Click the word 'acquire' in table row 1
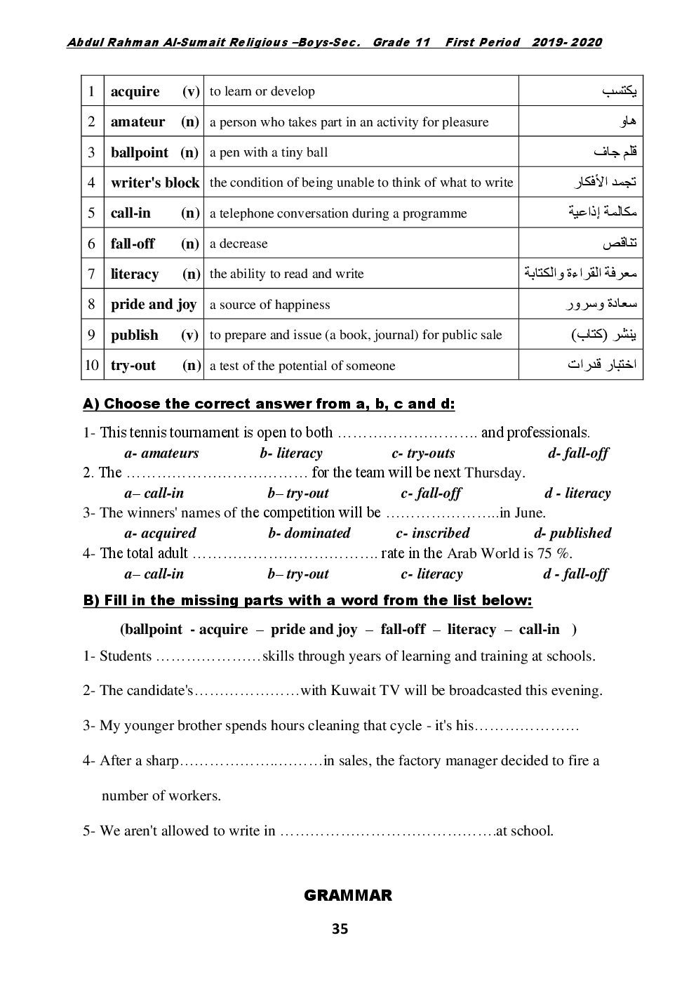point(135,91)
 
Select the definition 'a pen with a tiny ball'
point(269,152)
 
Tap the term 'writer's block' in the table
point(155,183)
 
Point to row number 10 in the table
point(92,365)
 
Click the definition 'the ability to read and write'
point(286,274)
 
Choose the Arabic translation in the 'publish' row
point(603,335)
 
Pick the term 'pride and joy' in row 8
point(154,304)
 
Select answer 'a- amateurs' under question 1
point(161,454)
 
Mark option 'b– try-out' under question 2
point(298,494)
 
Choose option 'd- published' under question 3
point(573,534)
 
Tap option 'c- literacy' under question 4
point(431,574)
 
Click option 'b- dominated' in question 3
point(309,534)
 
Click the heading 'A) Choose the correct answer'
point(269,404)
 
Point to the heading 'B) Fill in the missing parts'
point(307,600)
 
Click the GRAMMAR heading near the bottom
point(348,895)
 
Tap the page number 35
point(340,929)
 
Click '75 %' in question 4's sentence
point(554,553)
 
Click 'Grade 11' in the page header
point(401,43)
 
